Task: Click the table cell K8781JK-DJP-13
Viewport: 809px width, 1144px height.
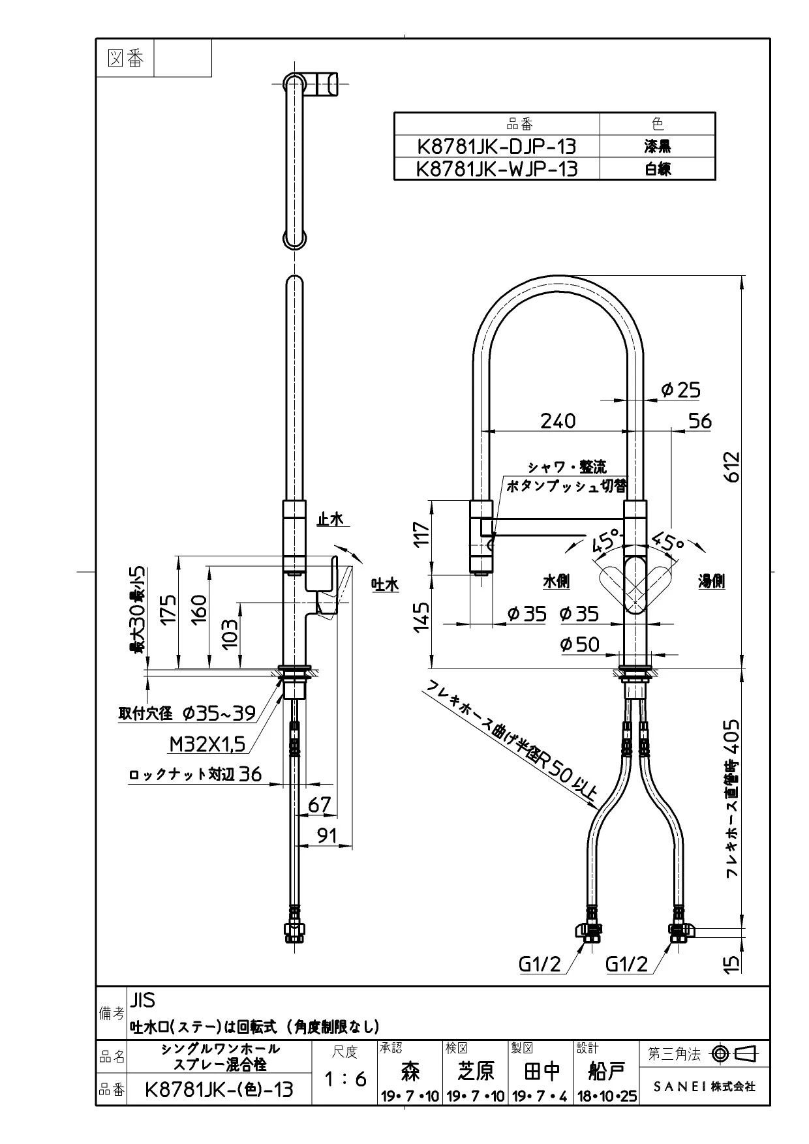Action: (x=496, y=145)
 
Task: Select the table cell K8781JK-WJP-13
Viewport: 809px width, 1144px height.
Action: (x=496, y=169)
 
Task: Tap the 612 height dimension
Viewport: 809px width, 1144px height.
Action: (x=733, y=466)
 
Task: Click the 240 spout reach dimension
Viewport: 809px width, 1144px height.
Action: (x=558, y=421)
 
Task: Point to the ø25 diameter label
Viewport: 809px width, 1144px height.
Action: (x=680, y=390)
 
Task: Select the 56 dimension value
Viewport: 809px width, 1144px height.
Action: (x=699, y=421)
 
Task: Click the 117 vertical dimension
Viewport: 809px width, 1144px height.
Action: (x=423, y=535)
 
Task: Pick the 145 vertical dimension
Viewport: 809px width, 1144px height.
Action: (x=423, y=616)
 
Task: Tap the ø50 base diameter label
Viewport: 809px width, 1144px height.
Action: (x=579, y=644)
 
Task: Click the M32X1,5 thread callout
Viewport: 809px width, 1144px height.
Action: (x=207, y=744)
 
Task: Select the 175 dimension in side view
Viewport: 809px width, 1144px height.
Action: (x=169, y=609)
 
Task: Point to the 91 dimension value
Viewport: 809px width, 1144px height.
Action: (x=326, y=835)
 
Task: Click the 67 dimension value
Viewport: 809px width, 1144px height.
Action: (x=319, y=805)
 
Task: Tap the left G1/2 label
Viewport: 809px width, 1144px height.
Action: (x=540, y=964)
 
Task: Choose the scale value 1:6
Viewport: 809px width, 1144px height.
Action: (x=345, y=1079)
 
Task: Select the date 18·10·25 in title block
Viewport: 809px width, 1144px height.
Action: (x=606, y=1096)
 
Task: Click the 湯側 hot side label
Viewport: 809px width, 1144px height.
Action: (x=712, y=581)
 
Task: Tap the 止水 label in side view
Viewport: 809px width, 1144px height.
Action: (x=329, y=519)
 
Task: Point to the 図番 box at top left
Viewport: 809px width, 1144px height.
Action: (x=124, y=58)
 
